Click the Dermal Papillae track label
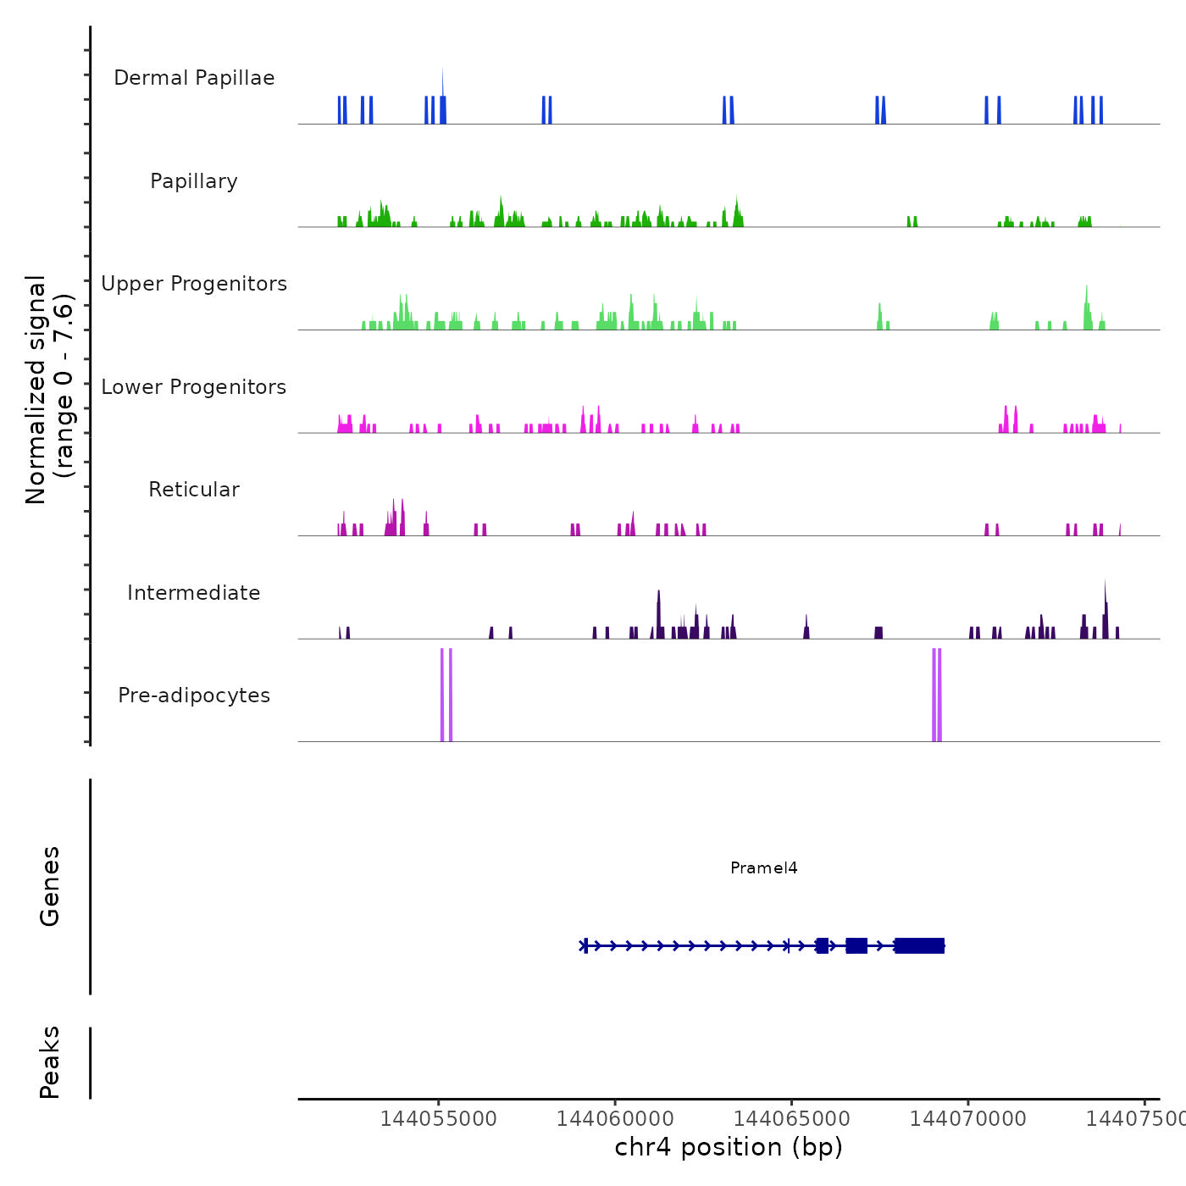(194, 78)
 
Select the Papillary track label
(194, 181)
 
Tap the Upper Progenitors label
(194, 284)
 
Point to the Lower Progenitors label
(194, 387)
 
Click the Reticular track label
(194, 490)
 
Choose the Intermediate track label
(194, 593)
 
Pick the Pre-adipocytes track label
(194, 696)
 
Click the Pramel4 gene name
(764, 867)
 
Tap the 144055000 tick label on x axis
(438, 1118)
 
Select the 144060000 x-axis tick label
(614, 1118)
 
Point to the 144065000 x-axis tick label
(791, 1118)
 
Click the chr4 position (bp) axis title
(729, 1147)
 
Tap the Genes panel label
(50, 886)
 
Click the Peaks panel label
(50, 1062)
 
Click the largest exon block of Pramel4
(920, 946)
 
